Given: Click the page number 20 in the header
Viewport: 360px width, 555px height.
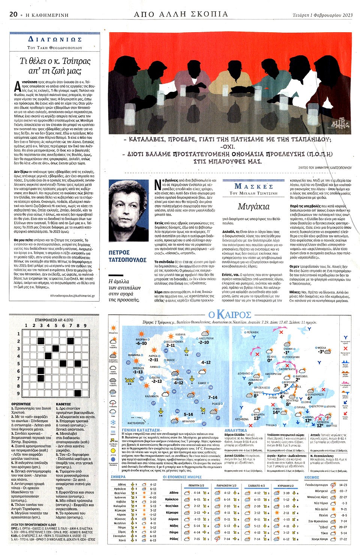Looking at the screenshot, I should click(x=13, y=14).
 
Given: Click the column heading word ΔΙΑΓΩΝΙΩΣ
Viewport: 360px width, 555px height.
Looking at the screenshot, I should click(x=55, y=39).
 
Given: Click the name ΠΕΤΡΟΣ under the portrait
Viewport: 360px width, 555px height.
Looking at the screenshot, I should click(x=119, y=253).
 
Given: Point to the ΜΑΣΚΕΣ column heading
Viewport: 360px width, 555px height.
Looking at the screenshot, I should click(x=253, y=186).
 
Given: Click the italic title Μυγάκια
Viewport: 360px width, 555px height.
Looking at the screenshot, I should click(x=253, y=207).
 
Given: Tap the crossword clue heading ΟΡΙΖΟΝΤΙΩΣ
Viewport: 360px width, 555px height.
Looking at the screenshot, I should click(x=21, y=404).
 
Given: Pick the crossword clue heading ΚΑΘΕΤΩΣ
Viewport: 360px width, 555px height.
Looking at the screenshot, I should click(x=63, y=404).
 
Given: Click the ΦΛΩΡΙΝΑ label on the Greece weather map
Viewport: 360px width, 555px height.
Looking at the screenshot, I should click(x=141, y=339).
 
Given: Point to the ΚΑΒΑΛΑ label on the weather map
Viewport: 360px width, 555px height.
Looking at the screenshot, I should click(x=180, y=334).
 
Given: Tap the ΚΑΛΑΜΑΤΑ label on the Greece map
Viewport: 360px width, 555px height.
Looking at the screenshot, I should click(x=152, y=396).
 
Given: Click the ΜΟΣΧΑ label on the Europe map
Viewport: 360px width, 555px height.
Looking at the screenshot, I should click(x=321, y=348).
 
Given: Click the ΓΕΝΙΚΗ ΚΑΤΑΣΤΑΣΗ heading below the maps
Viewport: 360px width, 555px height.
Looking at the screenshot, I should click(x=141, y=430).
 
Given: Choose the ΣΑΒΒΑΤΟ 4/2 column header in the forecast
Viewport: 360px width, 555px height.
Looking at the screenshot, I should click(x=256, y=486).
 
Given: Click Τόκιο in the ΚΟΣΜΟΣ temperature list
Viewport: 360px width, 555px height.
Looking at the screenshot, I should click(x=324, y=533).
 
